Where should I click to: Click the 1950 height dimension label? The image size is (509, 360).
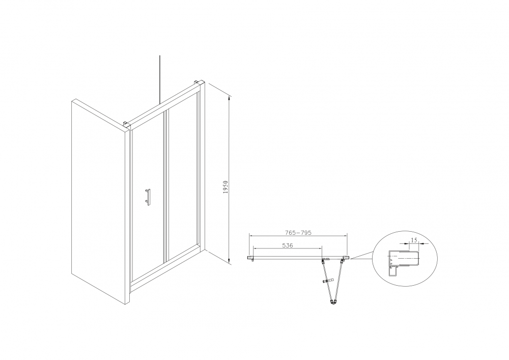[226, 187]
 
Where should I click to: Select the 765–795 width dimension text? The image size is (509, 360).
[298, 232]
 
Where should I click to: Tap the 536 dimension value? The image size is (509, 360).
[287, 245]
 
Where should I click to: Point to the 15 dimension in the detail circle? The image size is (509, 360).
[414, 240]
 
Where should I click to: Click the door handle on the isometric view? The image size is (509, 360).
[148, 197]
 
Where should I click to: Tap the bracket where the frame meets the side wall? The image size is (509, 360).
[125, 123]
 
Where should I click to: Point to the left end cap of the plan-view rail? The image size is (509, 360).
[250, 258]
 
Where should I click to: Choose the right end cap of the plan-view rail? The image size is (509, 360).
[347, 258]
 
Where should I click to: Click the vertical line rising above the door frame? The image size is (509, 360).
[160, 80]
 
